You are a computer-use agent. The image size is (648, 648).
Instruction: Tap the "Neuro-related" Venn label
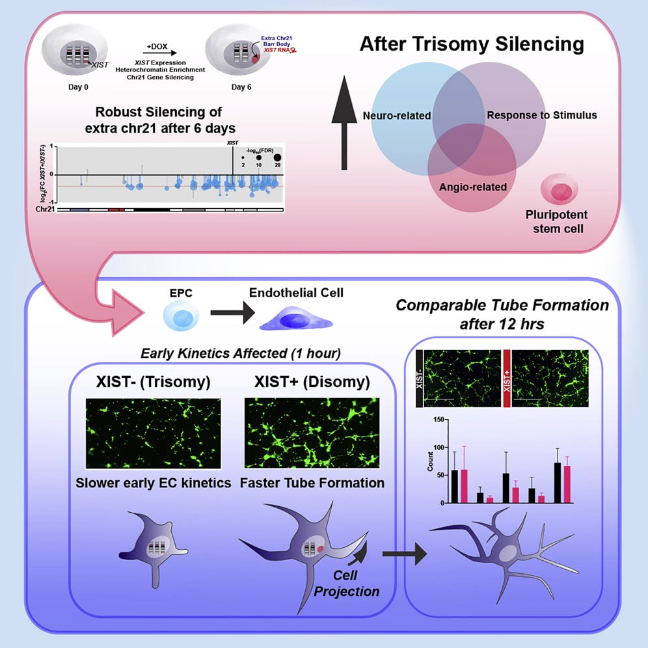coord(396,116)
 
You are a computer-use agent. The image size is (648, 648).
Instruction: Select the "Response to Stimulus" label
coord(541,116)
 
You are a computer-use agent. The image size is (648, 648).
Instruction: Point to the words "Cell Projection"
coord(355,583)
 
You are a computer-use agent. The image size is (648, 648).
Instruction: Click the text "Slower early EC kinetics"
coord(150,483)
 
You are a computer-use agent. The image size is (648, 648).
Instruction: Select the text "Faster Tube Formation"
coord(312,483)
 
